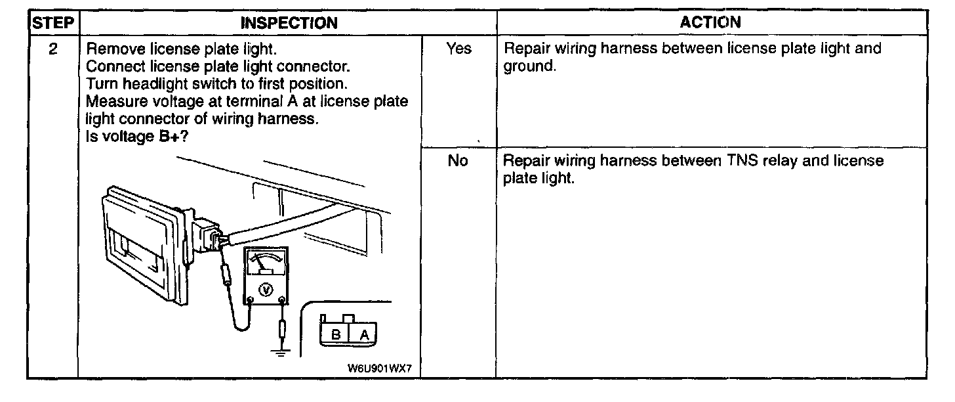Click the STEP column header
[x=52, y=23]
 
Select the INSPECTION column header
[x=289, y=23]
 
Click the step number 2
[x=52, y=49]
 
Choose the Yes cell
[x=458, y=49]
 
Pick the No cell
[x=458, y=161]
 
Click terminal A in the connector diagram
[x=365, y=335]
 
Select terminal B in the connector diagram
[x=335, y=335]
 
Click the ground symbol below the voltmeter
[x=282, y=353]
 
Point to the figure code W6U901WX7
[x=384, y=368]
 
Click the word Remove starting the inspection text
[x=110, y=49]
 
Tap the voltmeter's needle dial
[x=266, y=264]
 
